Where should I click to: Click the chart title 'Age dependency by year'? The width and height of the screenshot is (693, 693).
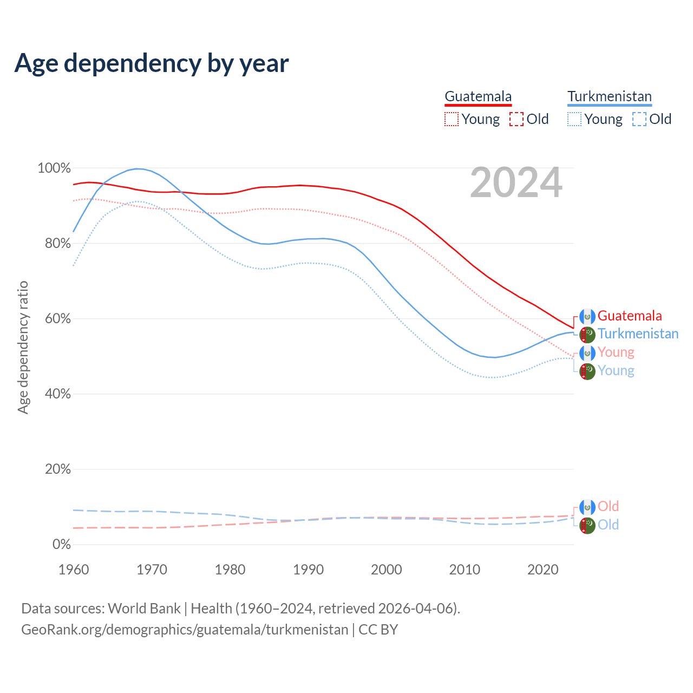point(152,63)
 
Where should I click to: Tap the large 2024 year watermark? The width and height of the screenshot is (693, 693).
point(516,183)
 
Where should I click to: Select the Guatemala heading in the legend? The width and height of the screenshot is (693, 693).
point(478,96)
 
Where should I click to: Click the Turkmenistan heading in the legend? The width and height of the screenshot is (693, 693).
point(610,96)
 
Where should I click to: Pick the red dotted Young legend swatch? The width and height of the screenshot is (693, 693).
point(451,119)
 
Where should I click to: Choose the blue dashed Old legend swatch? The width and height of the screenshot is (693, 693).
point(639,119)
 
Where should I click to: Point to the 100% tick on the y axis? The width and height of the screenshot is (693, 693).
point(54,168)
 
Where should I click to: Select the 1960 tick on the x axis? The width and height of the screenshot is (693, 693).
point(74,570)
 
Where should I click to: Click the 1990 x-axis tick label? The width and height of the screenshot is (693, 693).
point(308,570)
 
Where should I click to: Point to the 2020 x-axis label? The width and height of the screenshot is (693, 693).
point(542,570)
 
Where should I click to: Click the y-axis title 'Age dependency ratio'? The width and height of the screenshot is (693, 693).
point(23,347)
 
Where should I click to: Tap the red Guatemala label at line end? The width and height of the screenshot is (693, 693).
point(630,316)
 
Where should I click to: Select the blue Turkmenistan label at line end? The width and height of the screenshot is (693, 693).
point(638,334)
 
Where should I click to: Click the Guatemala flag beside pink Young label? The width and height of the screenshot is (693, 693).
point(587,353)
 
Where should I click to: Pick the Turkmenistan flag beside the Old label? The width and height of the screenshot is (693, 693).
point(587,525)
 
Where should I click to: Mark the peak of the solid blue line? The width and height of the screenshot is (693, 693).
point(138,169)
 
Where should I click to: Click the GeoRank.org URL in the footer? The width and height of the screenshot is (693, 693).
point(185,630)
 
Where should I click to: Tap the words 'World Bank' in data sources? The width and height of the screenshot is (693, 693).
point(144,609)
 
